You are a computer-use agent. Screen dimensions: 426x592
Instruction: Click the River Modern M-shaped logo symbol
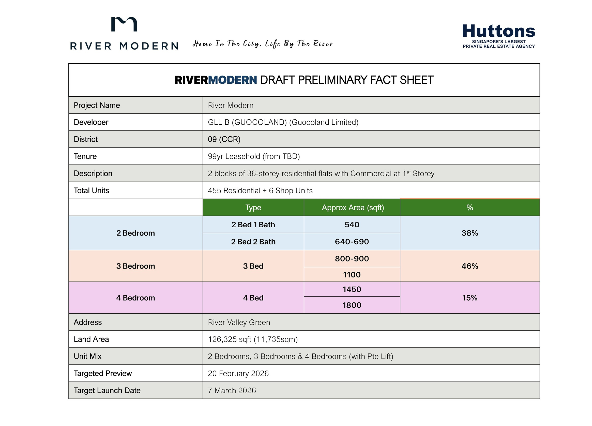[x=124, y=24]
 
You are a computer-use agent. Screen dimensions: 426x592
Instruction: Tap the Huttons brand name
[x=498, y=31]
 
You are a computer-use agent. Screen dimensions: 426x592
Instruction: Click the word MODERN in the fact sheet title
[x=232, y=80]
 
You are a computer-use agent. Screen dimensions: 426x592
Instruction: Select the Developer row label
[x=91, y=122]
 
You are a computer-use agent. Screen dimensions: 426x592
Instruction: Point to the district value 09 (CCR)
[x=224, y=139]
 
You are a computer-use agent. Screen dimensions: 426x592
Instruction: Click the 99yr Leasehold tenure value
[x=254, y=156]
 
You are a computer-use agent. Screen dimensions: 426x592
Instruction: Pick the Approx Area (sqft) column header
[x=353, y=208]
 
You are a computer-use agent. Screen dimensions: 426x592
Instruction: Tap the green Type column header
[x=253, y=208]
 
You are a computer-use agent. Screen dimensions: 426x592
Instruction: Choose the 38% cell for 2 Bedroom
[x=469, y=233]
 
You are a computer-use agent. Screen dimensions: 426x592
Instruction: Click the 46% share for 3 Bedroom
[x=469, y=266]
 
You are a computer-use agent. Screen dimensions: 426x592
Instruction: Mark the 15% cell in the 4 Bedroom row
[x=469, y=298]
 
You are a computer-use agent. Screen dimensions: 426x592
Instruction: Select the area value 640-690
[x=352, y=242]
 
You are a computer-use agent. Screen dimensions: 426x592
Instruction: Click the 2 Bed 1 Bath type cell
[x=253, y=225]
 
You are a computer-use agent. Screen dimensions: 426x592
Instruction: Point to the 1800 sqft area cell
[x=352, y=305]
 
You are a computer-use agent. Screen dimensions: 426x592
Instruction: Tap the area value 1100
[x=352, y=274]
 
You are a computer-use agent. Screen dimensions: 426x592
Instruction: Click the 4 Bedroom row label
[x=135, y=298]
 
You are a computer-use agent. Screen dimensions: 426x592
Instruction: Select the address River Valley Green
[x=239, y=322]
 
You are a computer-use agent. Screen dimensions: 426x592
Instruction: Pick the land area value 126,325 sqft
[x=253, y=339]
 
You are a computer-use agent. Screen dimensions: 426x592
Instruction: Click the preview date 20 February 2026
[x=238, y=374]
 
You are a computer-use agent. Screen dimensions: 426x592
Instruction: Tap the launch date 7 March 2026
[x=232, y=390]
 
